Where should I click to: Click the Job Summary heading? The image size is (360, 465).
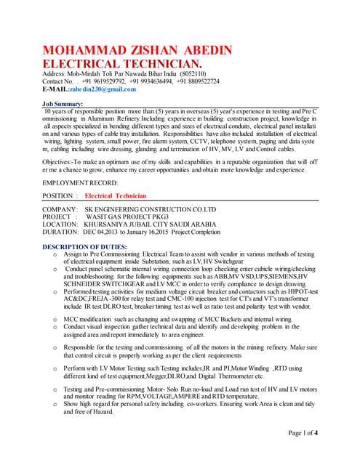pyautogui.click(x=68, y=105)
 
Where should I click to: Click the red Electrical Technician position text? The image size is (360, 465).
pyautogui.click(x=116, y=196)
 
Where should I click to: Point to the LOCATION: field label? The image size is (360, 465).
pyautogui.click(x=61, y=225)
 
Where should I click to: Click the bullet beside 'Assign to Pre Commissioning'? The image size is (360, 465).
pyautogui.click(x=56, y=255)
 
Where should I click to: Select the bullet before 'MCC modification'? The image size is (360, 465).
pyautogui.click(x=56, y=319)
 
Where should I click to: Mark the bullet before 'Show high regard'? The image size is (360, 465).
pyautogui.click(x=56, y=403)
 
